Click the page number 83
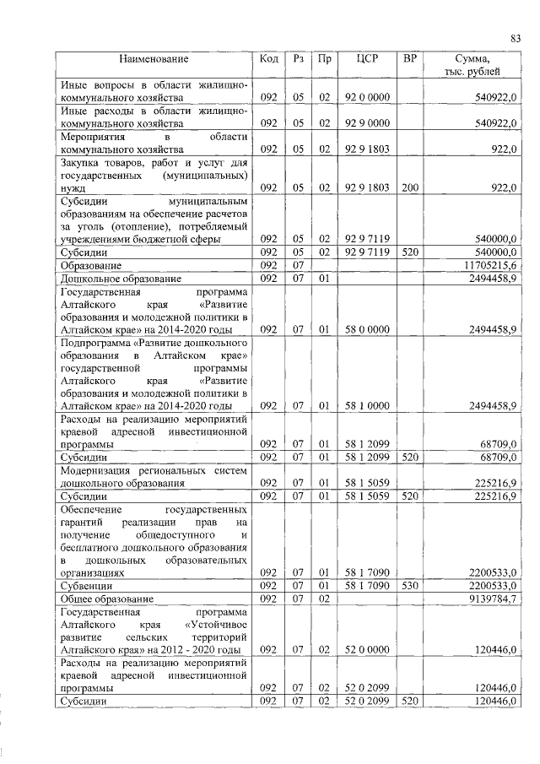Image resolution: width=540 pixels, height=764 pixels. pos(515,37)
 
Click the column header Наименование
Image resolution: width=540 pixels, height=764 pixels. pos(154,59)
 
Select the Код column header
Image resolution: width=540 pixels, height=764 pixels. pos(269,59)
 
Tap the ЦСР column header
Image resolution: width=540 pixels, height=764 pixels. pos(367,59)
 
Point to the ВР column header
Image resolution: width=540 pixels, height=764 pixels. pos(410,59)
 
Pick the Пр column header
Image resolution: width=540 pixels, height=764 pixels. pos(323,59)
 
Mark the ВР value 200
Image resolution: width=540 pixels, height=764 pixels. pos(410,187)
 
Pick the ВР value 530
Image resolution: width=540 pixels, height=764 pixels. pos(410,585)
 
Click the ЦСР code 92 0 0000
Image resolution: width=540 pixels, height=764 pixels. pos(367,98)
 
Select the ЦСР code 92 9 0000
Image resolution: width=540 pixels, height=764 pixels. pos(367,123)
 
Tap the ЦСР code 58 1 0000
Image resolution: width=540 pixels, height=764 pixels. pos(367,406)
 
